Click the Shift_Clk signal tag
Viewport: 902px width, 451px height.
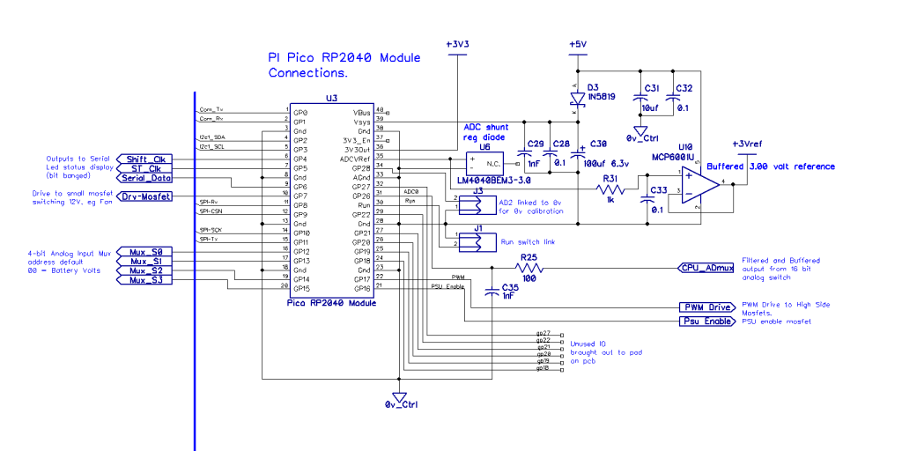pyautogui.click(x=144, y=159)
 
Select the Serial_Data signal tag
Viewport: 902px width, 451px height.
pyautogui.click(x=144, y=177)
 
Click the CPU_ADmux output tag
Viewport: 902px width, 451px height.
pyautogui.click(x=706, y=267)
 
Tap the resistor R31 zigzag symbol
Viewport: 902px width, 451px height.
pyautogui.click(x=612, y=189)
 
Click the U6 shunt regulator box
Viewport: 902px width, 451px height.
pyautogui.click(x=484, y=164)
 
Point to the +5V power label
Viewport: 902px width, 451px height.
pyautogui.click(x=577, y=43)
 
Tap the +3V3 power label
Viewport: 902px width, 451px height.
pyautogui.click(x=457, y=43)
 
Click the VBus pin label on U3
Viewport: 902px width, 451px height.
pyautogui.click(x=362, y=113)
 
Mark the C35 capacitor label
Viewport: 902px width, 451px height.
pyautogui.click(x=509, y=287)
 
